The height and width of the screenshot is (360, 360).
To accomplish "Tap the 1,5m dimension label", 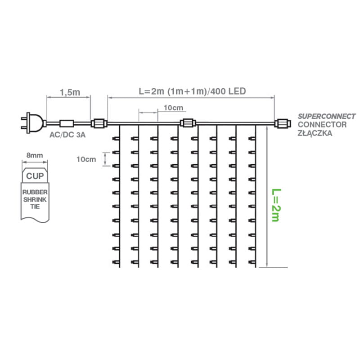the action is click(70, 92).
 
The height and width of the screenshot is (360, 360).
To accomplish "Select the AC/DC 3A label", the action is click(67, 135).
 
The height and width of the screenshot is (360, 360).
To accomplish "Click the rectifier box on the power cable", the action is click(67, 123).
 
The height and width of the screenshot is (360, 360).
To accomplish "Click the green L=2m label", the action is click(276, 205).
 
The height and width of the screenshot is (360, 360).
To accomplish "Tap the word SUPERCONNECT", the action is click(327, 117).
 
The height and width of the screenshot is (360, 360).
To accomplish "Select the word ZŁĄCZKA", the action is click(315, 133).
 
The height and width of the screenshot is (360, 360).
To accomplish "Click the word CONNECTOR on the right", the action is click(322, 125).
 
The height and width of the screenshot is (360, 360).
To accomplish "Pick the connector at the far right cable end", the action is click(283, 123).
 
